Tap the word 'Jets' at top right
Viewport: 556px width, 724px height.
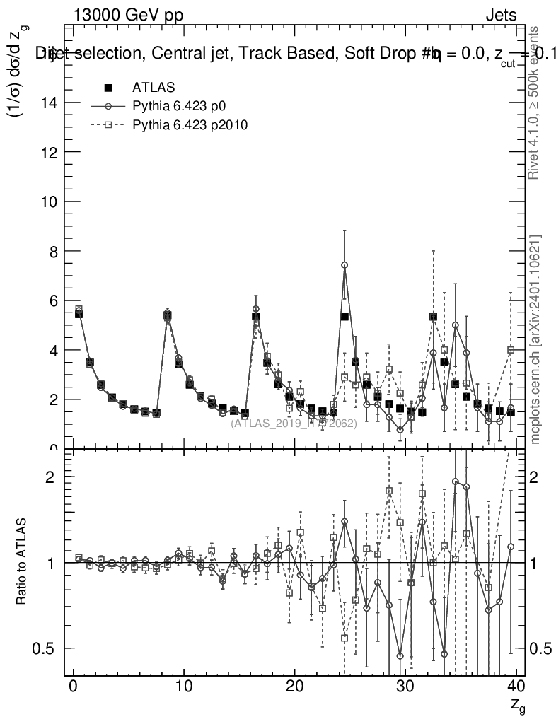click(502, 16)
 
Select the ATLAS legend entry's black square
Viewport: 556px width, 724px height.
click(108, 88)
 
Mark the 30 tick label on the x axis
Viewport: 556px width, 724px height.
click(405, 686)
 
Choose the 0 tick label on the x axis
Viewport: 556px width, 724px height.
click(73, 686)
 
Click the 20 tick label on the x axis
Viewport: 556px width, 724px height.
click(294, 686)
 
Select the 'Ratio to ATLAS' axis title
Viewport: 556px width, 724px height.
click(22, 562)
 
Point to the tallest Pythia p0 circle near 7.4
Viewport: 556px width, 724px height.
click(344, 265)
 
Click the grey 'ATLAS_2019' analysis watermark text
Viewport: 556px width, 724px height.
click(293, 424)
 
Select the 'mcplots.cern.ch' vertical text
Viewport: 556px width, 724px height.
click(535, 339)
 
